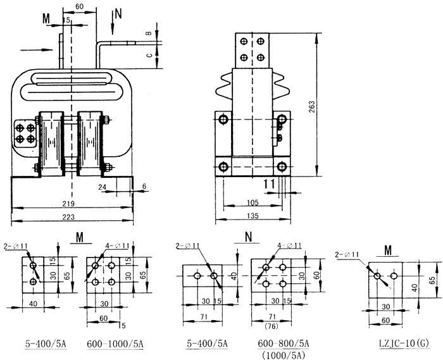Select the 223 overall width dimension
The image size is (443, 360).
click(x=72, y=217)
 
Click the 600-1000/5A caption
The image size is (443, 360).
click(x=115, y=344)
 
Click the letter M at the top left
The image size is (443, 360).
click(x=47, y=18)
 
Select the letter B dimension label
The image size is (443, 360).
click(x=149, y=33)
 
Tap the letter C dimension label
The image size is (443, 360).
click(x=149, y=55)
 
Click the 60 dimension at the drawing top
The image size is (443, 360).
click(x=79, y=7)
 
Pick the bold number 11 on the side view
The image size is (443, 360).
click(x=268, y=184)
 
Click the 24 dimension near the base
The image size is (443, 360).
click(x=103, y=187)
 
